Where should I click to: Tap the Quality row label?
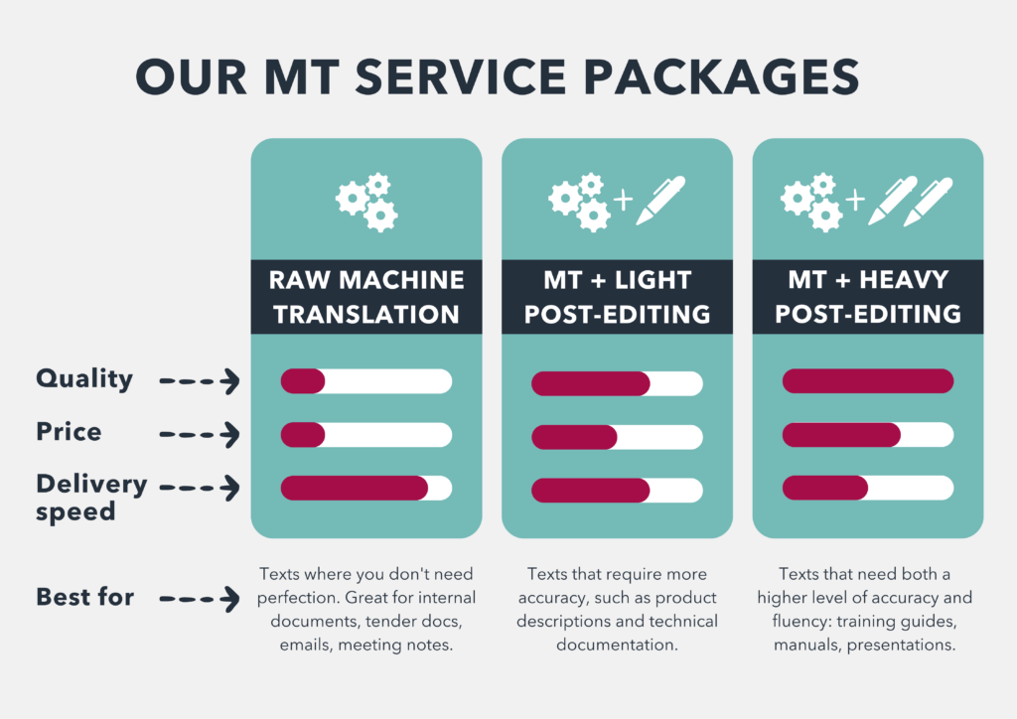(84, 378)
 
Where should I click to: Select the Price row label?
(69, 432)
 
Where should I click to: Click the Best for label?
(84, 597)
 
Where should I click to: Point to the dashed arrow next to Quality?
(200, 380)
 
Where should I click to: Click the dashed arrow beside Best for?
(200, 599)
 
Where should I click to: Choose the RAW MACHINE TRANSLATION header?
(366, 297)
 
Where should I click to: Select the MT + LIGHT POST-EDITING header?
(617, 297)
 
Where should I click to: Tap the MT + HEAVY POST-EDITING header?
(868, 297)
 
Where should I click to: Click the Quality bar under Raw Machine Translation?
(366, 380)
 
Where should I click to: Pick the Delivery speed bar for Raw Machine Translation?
(366, 488)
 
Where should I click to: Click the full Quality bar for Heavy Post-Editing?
(868, 380)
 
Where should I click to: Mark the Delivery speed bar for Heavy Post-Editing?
(868, 488)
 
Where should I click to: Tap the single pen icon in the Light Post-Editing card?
(660, 200)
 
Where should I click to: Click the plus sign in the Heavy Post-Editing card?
(854, 202)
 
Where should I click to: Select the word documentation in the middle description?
(617, 645)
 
